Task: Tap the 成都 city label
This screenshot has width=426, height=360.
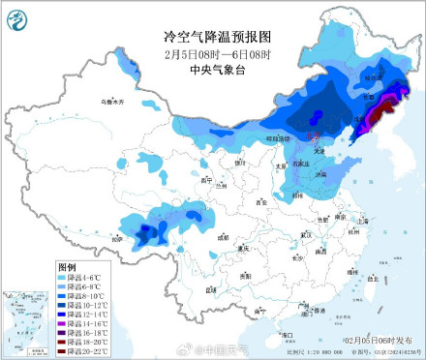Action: tap(225, 235)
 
